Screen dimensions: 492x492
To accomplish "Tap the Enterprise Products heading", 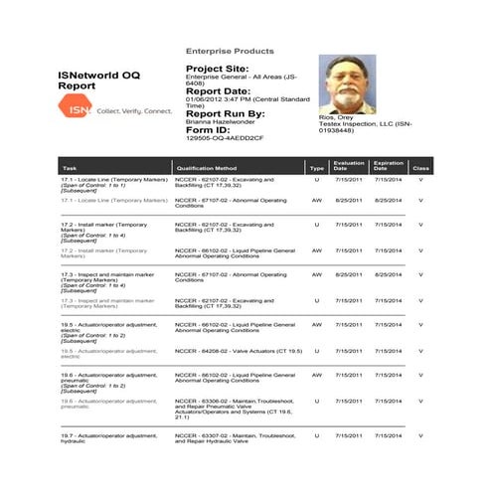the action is coord(230,51).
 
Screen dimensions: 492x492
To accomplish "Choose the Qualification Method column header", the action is coord(205,169).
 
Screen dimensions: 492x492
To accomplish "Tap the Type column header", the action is coord(316,169).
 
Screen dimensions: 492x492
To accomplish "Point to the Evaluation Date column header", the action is coord(349,166).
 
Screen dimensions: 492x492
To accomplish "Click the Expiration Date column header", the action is coord(388,166).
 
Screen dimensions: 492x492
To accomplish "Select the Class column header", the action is coord(420,169).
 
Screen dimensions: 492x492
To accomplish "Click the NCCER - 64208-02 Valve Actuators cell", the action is coord(231,351).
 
